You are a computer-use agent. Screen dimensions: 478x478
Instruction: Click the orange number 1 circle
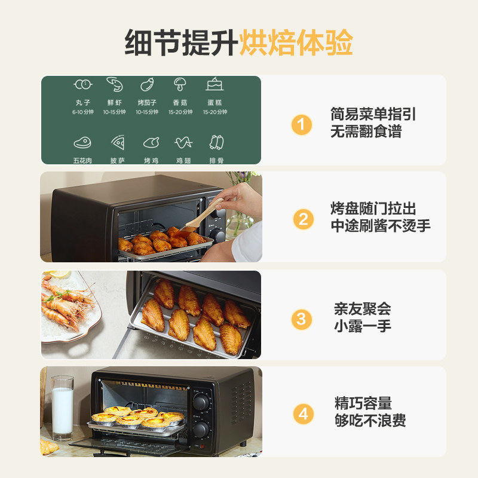[302, 125]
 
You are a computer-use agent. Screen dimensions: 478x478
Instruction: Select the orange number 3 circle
[302, 319]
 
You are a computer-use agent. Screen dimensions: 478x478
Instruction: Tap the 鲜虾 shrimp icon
[114, 84]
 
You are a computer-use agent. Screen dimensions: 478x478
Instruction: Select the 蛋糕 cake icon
[215, 84]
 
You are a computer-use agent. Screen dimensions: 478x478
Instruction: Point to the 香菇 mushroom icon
[180, 84]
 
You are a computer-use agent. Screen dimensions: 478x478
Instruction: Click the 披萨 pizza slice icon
[117, 143]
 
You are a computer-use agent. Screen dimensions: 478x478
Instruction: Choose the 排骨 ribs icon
[216, 142]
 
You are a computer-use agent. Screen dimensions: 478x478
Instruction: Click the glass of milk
[62, 407]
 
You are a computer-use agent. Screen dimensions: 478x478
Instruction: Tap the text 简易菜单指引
[373, 115]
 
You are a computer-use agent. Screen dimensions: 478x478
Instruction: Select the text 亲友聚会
[362, 309]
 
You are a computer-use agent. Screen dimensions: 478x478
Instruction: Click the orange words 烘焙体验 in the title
[296, 43]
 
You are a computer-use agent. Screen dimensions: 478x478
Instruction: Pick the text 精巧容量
[363, 403]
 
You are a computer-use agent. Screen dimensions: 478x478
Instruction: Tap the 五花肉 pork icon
[82, 143]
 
